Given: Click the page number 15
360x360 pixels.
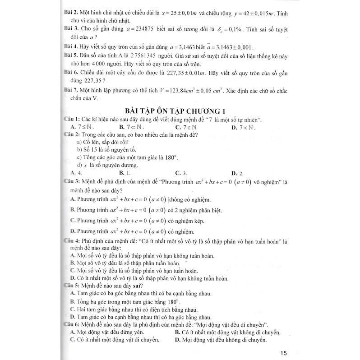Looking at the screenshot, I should click(x=283, y=352).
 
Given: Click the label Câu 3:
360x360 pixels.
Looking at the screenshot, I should click(x=71, y=181).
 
